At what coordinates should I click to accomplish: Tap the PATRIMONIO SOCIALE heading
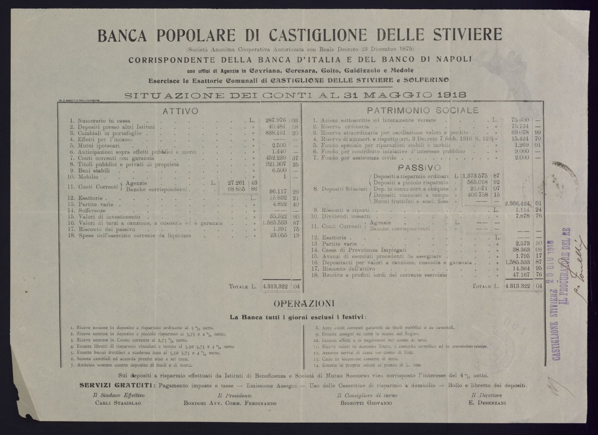(x=423, y=111)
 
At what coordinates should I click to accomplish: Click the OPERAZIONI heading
(x=304, y=303)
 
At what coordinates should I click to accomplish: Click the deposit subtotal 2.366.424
(x=520, y=203)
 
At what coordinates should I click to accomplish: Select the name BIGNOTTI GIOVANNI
(x=366, y=403)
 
